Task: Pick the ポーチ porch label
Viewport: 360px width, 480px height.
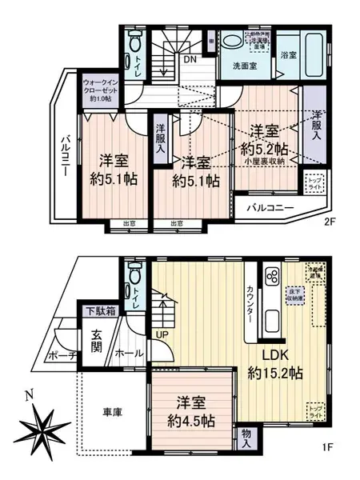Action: pos(62,355)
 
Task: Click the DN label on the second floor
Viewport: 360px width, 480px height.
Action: pos(190,58)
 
